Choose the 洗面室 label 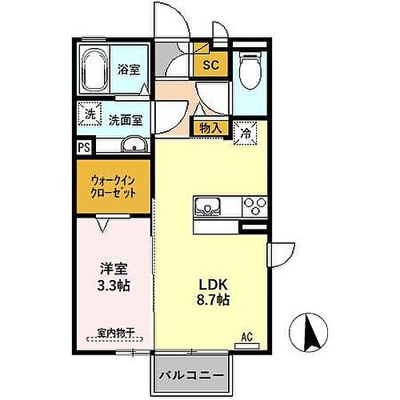pyautogui.click(x=126, y=120)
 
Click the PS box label pyautogui.click(x=83, y=147)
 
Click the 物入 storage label pyautogui.click(x=210, y=127)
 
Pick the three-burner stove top pyautogui.click(x=255, y=206)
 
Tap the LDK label pyautogui.click(x=212, y=282)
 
